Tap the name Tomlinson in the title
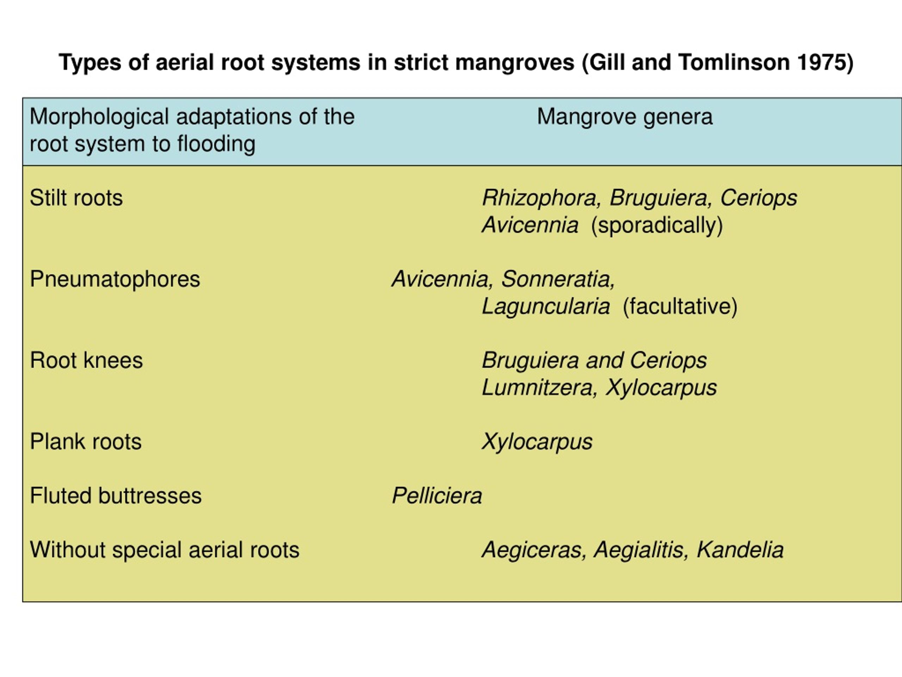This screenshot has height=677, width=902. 734,62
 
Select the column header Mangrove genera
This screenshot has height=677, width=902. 625,117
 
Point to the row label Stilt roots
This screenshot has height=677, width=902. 76,198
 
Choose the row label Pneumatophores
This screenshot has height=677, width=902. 115,280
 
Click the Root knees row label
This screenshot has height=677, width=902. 86,360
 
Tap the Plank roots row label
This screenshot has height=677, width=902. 86,441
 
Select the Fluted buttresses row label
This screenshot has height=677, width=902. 116,496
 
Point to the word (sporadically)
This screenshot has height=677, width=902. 657,226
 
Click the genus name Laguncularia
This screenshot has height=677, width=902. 545,307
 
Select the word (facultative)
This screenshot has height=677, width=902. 680,307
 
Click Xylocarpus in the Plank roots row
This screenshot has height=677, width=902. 537,442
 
